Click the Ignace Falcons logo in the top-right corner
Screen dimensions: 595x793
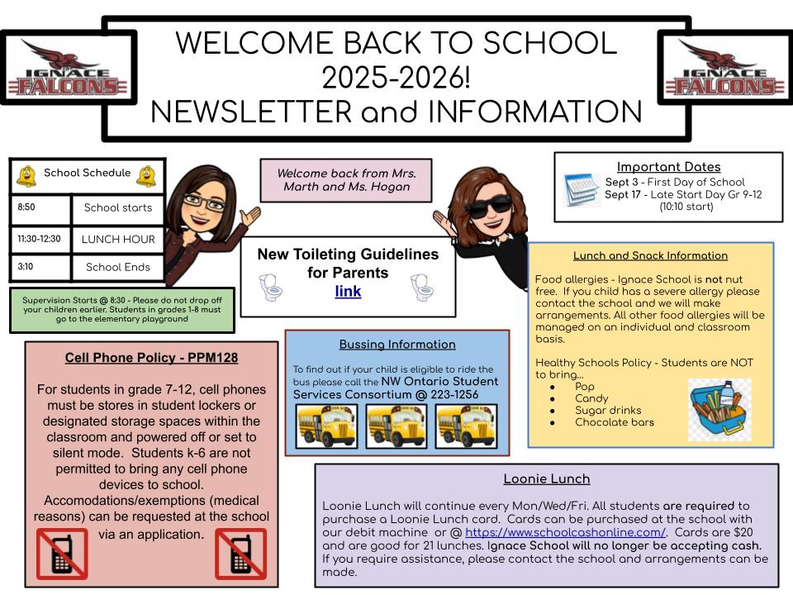725,68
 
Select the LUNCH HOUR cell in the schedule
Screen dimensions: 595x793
118,239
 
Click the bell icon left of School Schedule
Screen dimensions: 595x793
26,174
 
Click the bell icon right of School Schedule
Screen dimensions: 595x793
147,174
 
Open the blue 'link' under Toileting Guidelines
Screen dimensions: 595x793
348,291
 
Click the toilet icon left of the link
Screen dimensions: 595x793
271,288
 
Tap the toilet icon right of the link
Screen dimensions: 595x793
423,288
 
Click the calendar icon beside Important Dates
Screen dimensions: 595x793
582,189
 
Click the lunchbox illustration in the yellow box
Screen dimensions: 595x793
719,408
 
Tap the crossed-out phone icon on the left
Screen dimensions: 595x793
62,553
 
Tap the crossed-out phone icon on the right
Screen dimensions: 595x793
240,553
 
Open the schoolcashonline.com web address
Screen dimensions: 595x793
565,533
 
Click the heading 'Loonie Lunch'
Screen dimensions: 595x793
546,478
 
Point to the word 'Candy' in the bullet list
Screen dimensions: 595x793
591,398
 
